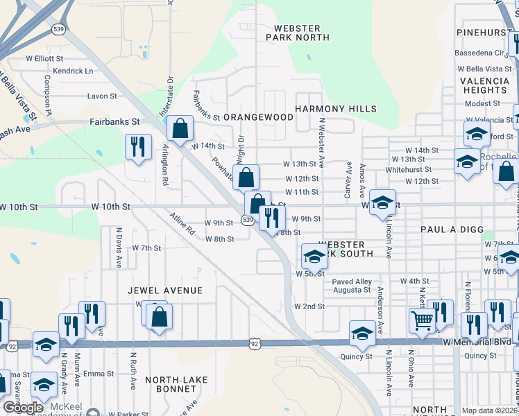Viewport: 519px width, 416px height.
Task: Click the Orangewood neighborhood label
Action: pos(259,117)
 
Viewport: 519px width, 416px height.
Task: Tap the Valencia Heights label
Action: pos(484,85)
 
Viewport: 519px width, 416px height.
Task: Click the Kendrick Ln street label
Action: pos(73,71)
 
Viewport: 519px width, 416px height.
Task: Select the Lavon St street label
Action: pos(101,96)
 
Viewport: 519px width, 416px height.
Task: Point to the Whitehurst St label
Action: pos(408,169)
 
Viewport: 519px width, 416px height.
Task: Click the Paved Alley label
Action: pos(352,281)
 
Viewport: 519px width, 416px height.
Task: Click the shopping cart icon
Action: pos(422,320)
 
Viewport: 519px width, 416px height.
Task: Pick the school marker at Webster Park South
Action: pos(314,257)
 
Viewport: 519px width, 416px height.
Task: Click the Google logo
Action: pos(23,408)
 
